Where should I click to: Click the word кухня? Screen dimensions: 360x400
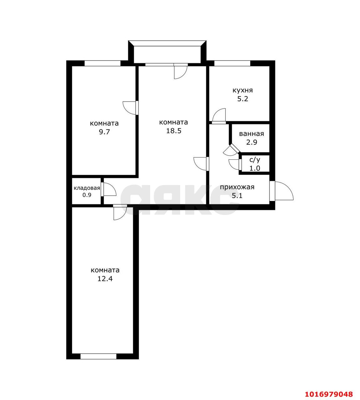(x=242, y=91)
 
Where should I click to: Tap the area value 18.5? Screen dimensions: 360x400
(x=174, y=131)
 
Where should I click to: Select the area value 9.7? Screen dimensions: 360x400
(x=104, y=132)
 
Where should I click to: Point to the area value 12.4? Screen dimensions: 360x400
(x=105, y=278)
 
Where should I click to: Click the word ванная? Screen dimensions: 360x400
(x=251, y=134)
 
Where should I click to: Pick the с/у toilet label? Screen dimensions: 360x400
(x=255, y=160)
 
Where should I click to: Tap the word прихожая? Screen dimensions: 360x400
(x=237, y=187)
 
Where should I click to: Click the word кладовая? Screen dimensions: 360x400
(x=87, y=188)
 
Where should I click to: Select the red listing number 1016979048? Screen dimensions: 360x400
(x=329, y=394)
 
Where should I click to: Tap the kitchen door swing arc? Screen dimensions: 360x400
(x=219, y=115)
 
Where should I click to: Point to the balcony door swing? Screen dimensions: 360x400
(x=181, y=72)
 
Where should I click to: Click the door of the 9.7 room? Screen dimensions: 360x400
(x=129, y=108)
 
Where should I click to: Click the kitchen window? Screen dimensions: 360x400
(x=232, y=63)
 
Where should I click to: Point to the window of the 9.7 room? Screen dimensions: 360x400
(x=103, y=63)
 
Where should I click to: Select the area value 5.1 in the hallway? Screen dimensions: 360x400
(x=237, y=196)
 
